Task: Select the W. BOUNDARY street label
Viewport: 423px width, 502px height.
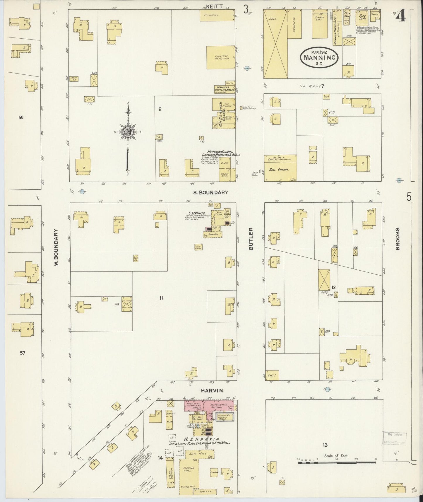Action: [57, 247]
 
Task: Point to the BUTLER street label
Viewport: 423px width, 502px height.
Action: [251, 241]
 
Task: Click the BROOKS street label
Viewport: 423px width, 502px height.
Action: [397, 239]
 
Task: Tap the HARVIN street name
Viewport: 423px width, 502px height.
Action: [212, 390]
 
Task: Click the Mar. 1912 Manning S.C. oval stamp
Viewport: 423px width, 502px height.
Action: [319, 57]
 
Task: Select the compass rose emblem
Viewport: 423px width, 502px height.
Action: [128, 132]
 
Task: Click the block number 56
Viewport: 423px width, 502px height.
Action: [21, 117]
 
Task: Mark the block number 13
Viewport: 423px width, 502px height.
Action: [325, 445]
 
